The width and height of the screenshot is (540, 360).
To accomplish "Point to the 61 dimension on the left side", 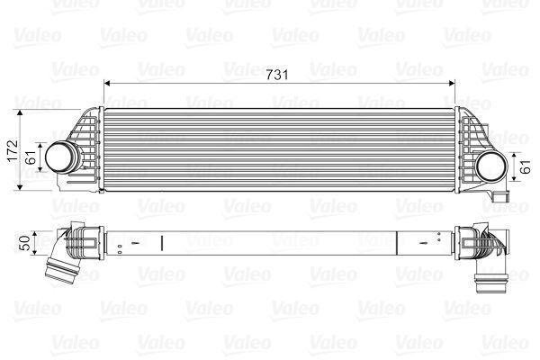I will [31, 157].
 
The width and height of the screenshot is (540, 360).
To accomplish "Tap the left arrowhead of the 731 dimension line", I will [109, 83].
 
